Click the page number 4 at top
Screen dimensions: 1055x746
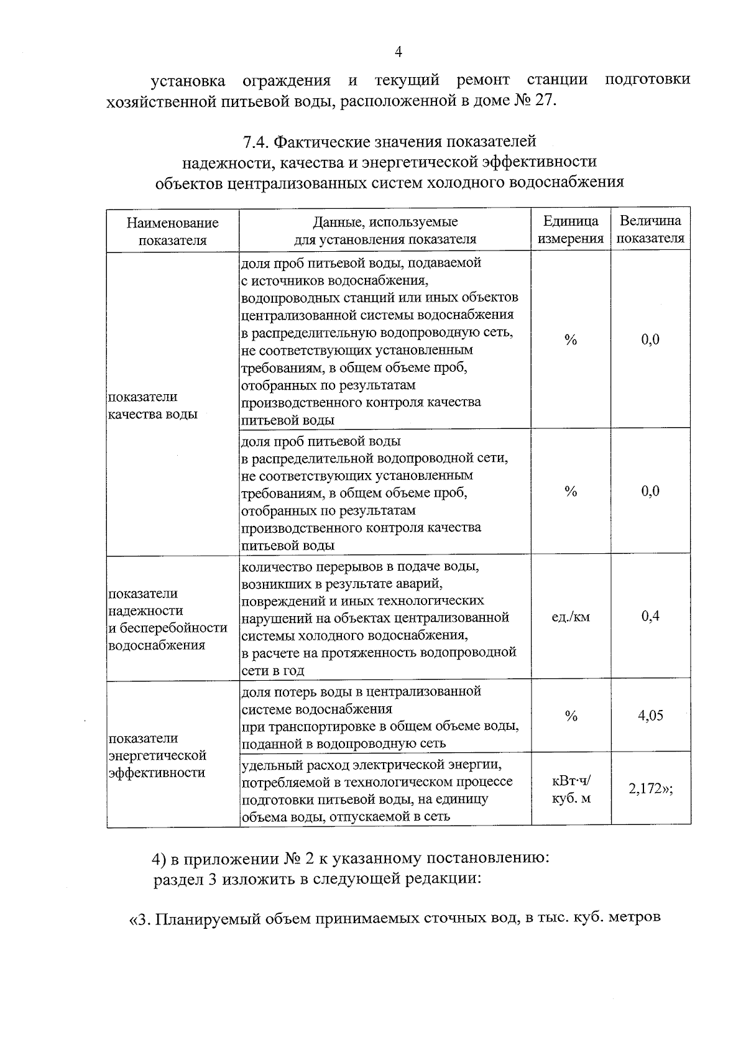(398, 52)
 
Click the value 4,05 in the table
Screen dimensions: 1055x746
(650, 715)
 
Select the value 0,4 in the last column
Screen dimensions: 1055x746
(650, 615)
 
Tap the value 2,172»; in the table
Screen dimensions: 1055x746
(651, 789)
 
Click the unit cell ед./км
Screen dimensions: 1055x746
(570, 617)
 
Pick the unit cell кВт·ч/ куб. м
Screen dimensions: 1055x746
(571, 789)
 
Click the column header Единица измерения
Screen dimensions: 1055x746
(570, 229)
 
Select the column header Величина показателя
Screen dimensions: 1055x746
(650, 229)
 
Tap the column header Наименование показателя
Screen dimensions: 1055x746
(172, 231)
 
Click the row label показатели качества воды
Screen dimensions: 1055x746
(152, 405)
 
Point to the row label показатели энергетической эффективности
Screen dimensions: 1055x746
(157, 755)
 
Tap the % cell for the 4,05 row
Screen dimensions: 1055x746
(570, 716)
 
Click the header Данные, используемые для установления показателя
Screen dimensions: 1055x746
(385, 230)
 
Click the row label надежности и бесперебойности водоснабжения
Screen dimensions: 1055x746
(167, 619)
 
